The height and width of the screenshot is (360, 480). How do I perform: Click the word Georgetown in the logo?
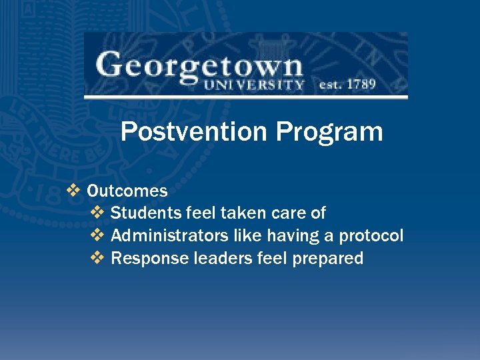coord(199,67)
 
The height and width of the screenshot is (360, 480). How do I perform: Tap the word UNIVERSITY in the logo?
coord(254,85)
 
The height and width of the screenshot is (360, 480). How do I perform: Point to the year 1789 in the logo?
coord(361,85)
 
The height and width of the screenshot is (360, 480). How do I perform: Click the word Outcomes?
coord(127,191)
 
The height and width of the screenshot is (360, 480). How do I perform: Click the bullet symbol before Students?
coord(97,213)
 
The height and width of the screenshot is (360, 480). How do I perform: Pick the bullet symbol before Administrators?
coord(97,236)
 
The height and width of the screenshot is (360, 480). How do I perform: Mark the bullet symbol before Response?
coord(97,259)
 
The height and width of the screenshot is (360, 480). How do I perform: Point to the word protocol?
coord(371,236)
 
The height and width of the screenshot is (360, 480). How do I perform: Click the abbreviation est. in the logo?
coord(329,85)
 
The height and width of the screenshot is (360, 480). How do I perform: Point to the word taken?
coord(244,213)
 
